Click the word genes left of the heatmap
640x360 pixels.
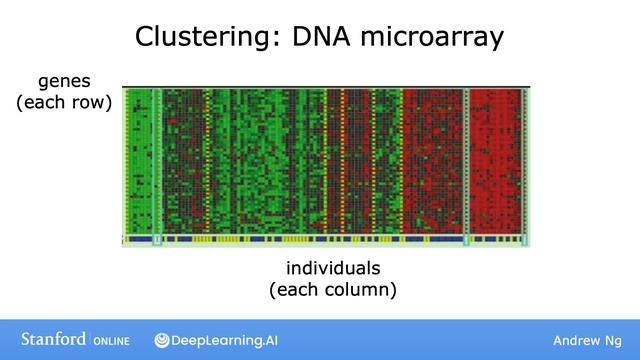pos(64,80)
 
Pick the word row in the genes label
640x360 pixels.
pos(89,101)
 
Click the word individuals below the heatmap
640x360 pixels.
pos(333,269)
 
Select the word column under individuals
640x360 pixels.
pos(360,290)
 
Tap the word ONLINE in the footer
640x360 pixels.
pos(113,341)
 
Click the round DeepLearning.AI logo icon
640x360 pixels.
pos(161,341)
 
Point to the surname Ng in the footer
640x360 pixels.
pos(614,341)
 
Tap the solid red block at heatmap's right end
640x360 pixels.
pos(496,160)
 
